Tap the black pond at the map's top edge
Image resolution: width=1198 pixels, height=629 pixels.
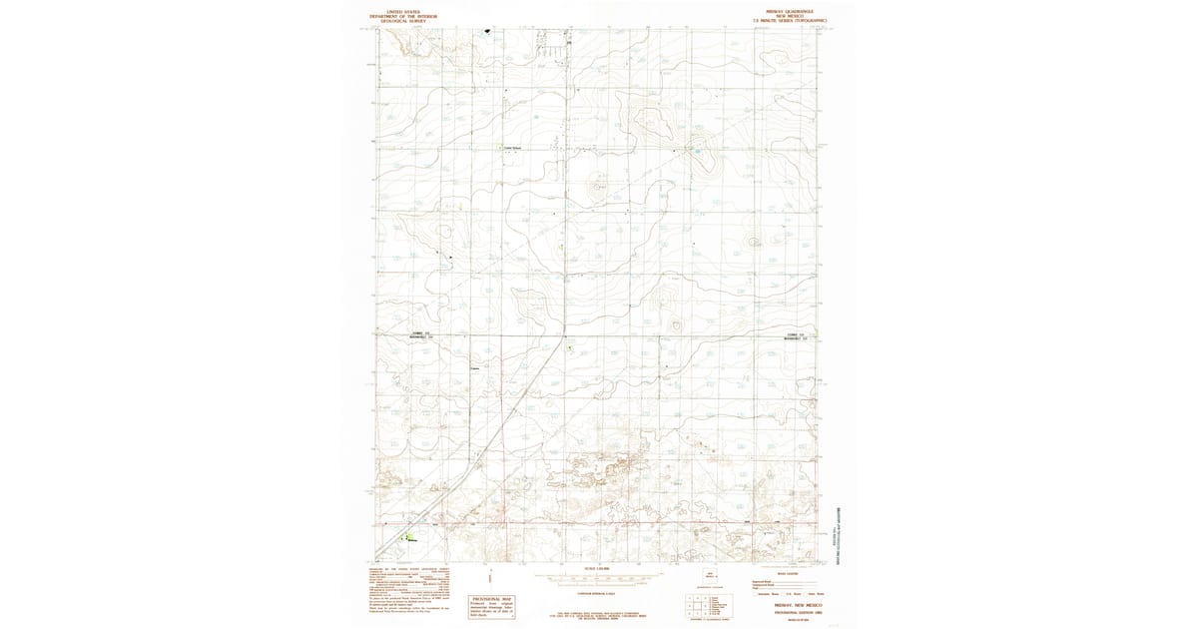489,30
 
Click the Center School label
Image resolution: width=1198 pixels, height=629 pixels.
511,150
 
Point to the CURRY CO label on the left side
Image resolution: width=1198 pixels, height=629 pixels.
419,332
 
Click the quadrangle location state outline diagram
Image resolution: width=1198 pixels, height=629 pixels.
711,576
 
